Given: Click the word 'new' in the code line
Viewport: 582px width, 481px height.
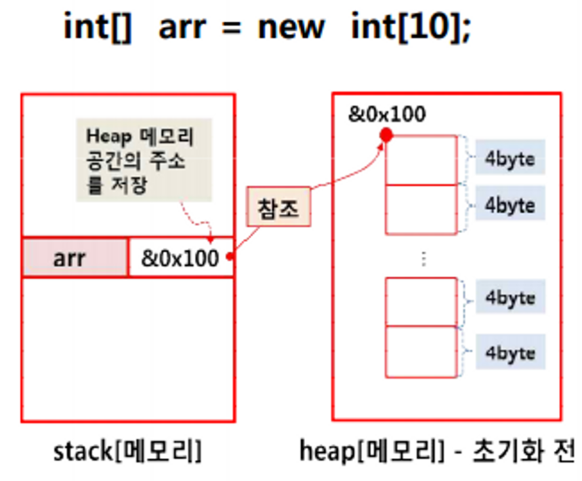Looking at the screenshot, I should click(291, 28).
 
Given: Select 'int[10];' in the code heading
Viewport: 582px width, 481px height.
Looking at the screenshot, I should click(411, 28).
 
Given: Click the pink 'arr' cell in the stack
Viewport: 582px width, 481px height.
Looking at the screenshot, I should click(75, 258).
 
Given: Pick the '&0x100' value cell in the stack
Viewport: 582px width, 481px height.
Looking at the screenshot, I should click(180, 258).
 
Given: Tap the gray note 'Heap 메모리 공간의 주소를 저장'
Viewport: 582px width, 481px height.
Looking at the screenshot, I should click(144, 159).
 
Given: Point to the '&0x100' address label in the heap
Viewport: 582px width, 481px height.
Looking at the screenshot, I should click(386, 115).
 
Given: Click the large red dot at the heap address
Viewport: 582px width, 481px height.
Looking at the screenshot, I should click(386, 135).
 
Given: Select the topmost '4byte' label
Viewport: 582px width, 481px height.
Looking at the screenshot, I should click(510, 157).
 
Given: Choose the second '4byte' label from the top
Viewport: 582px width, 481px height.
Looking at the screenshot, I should click(510, 204).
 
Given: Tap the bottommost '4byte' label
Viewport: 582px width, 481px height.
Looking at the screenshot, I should click(510, 353).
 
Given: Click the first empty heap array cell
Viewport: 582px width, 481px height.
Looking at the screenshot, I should click(421, 160).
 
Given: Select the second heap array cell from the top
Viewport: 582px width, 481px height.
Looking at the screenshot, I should click(421, 209).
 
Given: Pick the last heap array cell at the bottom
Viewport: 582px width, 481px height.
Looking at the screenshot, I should click(421, 352).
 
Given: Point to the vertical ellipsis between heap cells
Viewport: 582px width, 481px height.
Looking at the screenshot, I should click(423, 259).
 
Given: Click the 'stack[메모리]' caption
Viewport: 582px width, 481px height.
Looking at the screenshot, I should click(127, 451).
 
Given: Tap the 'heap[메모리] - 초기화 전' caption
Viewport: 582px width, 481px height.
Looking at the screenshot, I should click(437, 451).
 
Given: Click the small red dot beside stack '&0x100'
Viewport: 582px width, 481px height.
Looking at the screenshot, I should click(230, 256).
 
